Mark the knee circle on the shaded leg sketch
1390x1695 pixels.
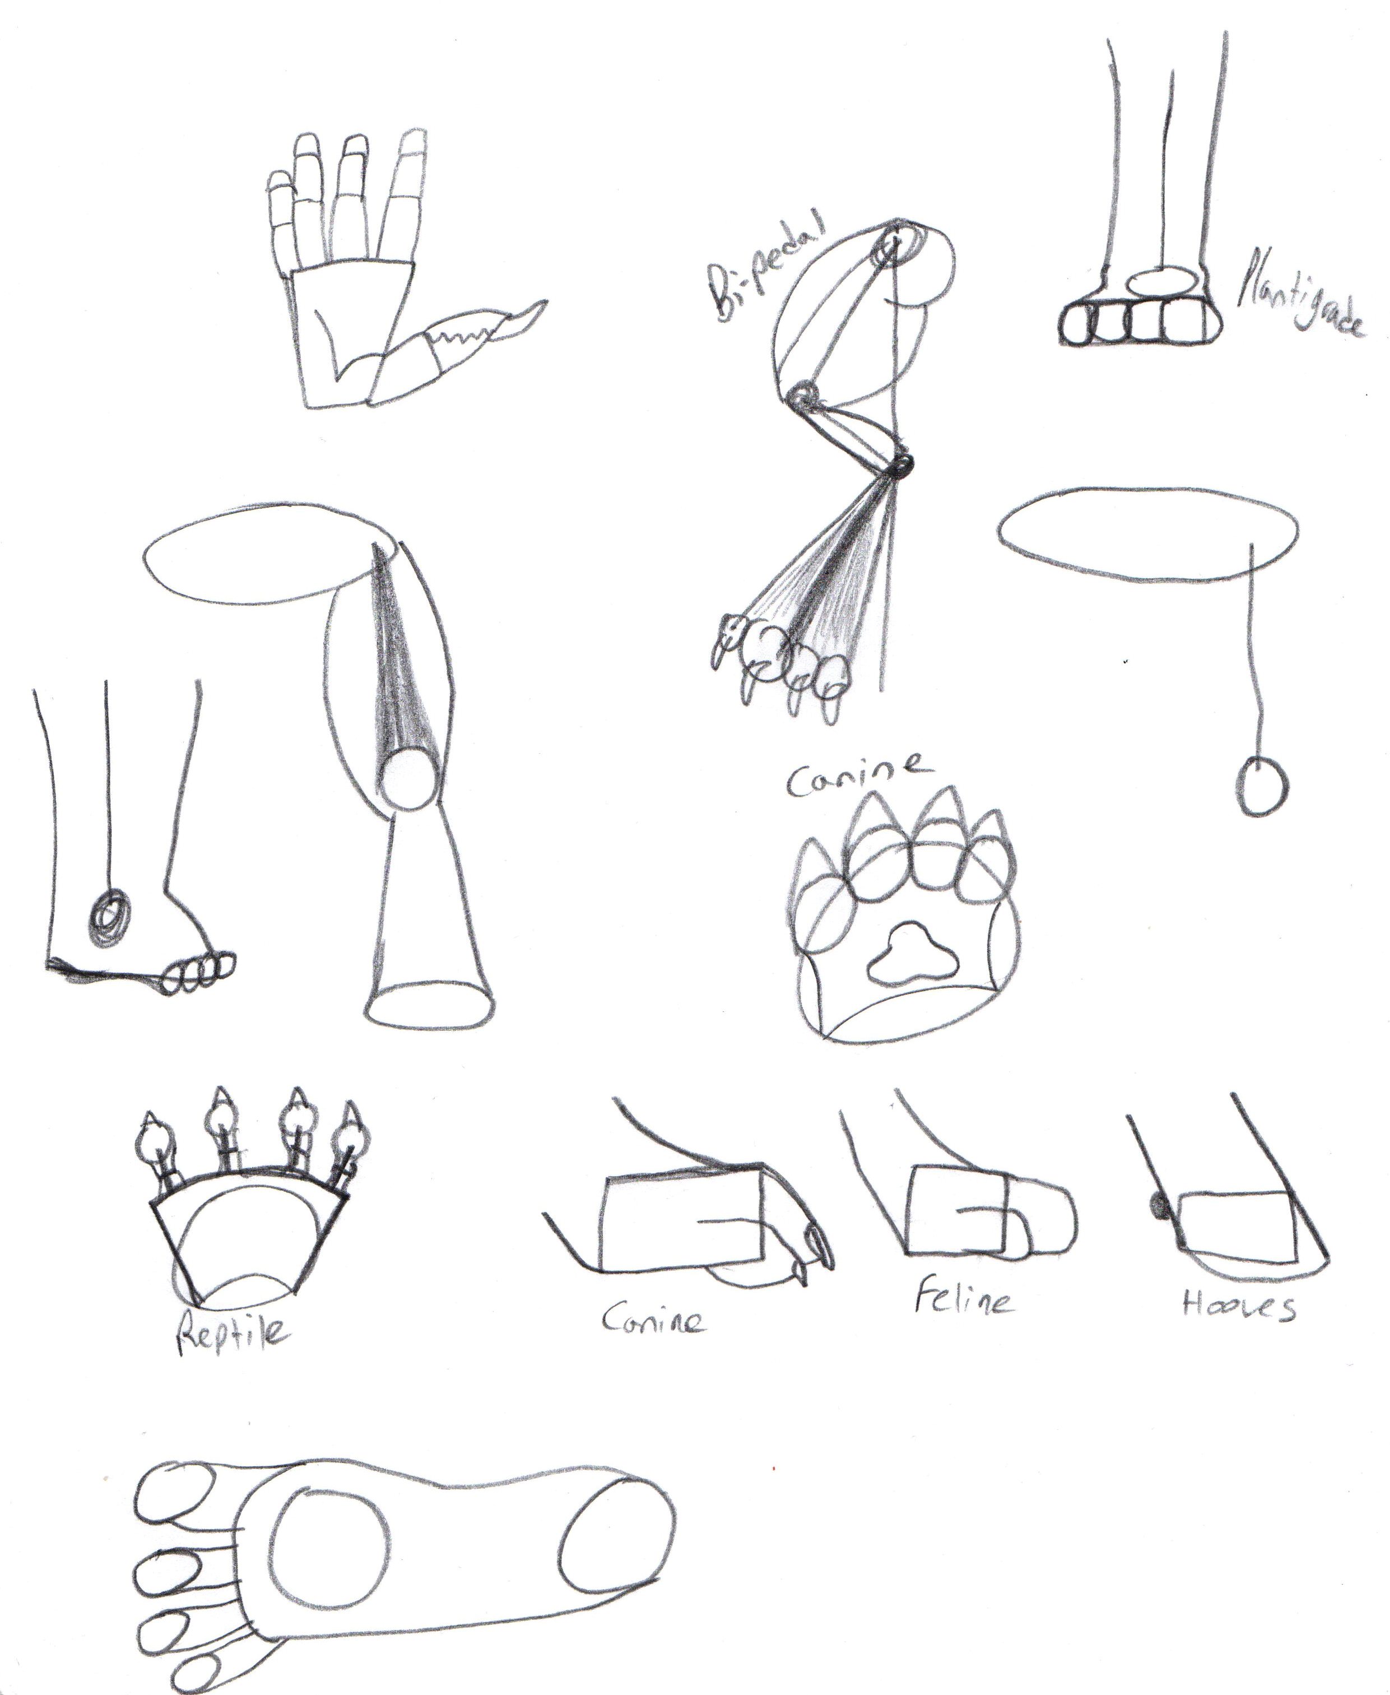click(x=411, y=779)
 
